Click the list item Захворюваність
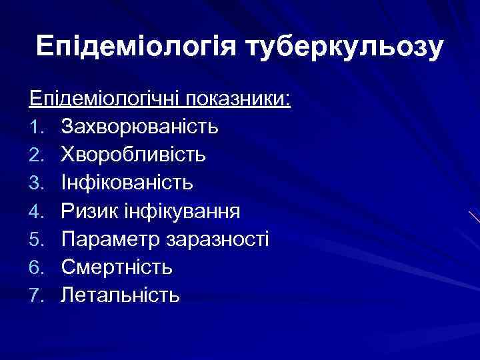pyautogui.click(x=139, y=127)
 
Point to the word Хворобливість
pyautogui.click(x=133, y=155)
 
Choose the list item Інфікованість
pyautogui.click(x=127, y=183)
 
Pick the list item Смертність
pyautogui.click(x=117, y=267)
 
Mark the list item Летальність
pyautogui.click(x=120, y=295)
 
